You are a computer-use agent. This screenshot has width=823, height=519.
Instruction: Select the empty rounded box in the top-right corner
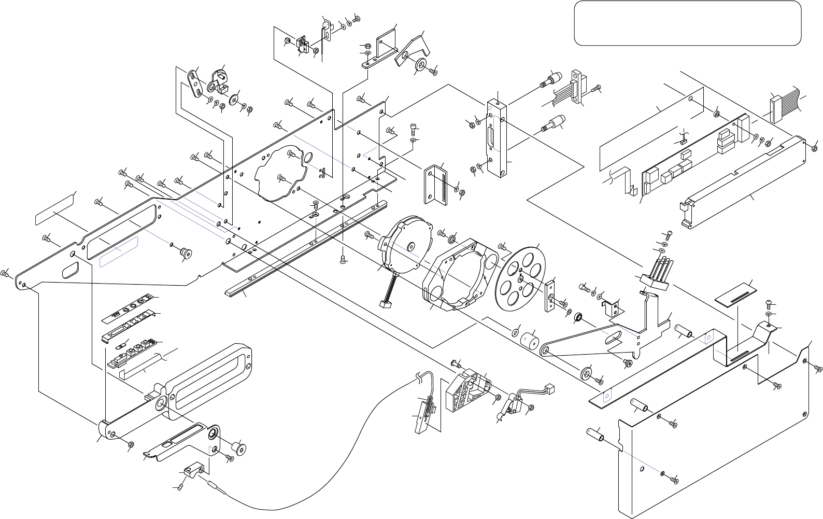tap(688, 23)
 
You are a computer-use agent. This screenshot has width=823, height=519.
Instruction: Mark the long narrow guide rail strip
tap(306, 249)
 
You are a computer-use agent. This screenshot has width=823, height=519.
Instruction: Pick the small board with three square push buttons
tap(132, 353)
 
